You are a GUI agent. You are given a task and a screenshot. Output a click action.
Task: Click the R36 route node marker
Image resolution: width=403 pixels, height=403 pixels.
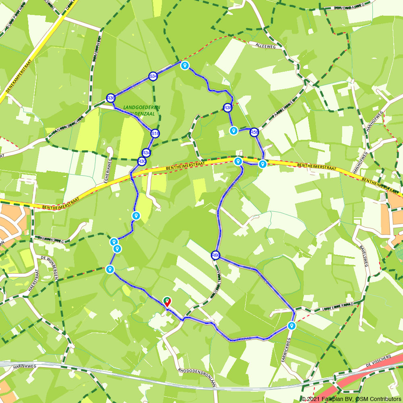click(x=111, y=98)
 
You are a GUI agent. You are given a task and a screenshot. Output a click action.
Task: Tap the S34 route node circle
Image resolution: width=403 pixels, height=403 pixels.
click(x=153, y=76)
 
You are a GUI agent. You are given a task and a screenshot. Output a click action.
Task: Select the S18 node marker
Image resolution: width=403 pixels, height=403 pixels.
click(x=155, y=133)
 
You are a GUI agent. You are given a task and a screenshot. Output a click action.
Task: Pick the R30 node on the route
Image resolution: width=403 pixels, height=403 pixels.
click(x=141, y=162)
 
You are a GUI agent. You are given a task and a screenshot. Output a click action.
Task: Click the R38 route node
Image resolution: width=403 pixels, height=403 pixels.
click(x=228, y=108)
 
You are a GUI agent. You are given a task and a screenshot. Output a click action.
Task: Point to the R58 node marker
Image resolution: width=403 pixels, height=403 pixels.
click(x=254, y=132)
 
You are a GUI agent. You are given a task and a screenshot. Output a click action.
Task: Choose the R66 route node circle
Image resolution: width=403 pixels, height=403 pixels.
click(x=216, y=255)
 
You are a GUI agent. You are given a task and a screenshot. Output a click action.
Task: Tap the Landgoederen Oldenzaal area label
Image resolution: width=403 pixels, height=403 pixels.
click(x=142, y=110)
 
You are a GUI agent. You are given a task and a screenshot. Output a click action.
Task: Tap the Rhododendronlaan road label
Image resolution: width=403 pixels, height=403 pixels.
click(x=197, y=377)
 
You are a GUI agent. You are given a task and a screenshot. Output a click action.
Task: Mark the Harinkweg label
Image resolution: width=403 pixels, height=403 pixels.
click(x=25, y=367)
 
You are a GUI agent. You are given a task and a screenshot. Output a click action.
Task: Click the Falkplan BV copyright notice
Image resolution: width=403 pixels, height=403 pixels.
click(x=351, y=399)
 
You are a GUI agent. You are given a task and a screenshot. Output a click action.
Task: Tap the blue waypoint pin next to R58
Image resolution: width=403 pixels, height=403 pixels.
click(x=233, y=130)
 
